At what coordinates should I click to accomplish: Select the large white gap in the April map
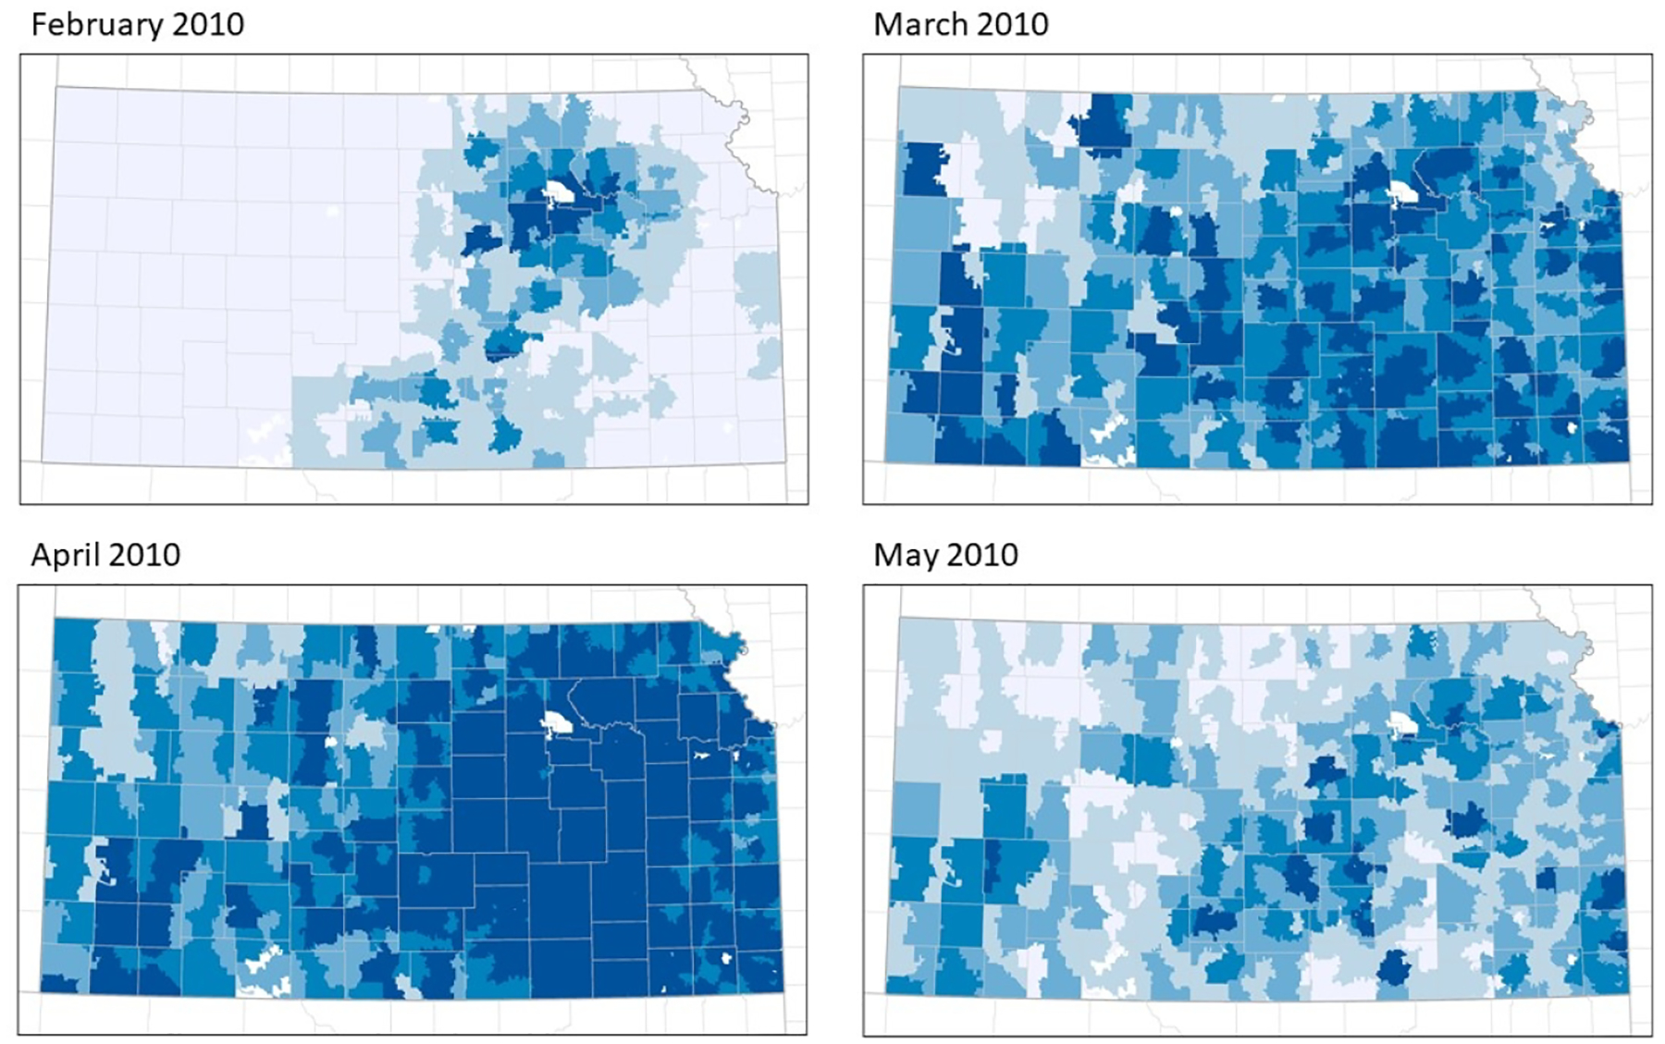click(x=559, y=724)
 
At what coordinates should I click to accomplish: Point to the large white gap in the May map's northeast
click(x=1403, y=724)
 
